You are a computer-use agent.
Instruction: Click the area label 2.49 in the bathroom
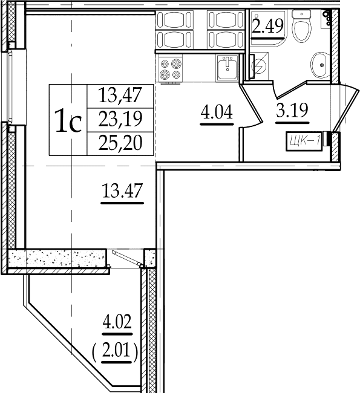(267, 26)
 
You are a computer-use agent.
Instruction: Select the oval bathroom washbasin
(319, 65)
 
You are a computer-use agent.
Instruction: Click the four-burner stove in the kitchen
(171, 69)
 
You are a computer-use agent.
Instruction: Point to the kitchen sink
(227, 68)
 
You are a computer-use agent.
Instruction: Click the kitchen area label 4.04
(217, 112)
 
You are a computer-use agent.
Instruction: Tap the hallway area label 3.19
(292, 110)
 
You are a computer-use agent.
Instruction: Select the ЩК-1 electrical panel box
(304, 141)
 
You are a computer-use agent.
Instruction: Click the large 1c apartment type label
(68, 120)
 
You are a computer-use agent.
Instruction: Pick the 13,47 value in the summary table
(120, 95)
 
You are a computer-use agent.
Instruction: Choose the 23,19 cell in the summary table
(120, 119)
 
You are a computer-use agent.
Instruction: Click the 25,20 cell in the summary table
(120, 142)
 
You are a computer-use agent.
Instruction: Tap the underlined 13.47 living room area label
(122, 190)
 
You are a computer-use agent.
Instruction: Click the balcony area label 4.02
(117, 322)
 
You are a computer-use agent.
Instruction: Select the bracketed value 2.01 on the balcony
(117, 351)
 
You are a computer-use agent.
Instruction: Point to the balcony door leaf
(127, 258)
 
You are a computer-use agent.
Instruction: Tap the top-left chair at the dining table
(174, 19)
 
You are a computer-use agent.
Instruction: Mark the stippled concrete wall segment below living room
(56, 258)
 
